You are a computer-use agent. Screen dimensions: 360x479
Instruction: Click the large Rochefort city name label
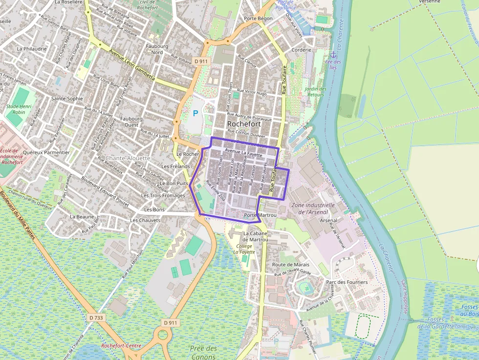click(x=246, y=124)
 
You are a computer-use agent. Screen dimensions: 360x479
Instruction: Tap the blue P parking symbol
click(x=196, y=113)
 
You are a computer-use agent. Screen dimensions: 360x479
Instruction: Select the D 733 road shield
click(x=96, y=318)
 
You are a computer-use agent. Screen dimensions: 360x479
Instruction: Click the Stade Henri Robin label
click(x=19, y=108)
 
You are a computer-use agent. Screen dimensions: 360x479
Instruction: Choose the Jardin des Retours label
click(x=315, y=91)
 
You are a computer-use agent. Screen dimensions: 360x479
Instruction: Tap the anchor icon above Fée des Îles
click(x=333, y=54)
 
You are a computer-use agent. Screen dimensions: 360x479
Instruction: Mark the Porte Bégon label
click(x=258, y=19)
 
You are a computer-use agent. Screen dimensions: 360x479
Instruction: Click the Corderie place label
click(x=301, y=50)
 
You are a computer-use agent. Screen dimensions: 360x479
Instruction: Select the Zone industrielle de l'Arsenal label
click(x=313, y=209)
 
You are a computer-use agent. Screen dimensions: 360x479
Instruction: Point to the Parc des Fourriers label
click(x=347, y=282)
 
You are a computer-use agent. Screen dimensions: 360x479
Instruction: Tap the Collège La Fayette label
click(x=244, y=249)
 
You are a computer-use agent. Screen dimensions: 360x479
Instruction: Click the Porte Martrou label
click(x=260, y=215)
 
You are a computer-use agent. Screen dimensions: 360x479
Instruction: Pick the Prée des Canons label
click(x=203, y=352)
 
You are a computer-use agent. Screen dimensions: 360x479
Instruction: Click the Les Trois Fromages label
click(x=163, y=195)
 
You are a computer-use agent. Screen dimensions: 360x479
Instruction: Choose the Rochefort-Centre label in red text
click(x=121, y=345)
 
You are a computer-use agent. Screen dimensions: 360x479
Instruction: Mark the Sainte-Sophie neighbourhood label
click(x=67, y=98)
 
